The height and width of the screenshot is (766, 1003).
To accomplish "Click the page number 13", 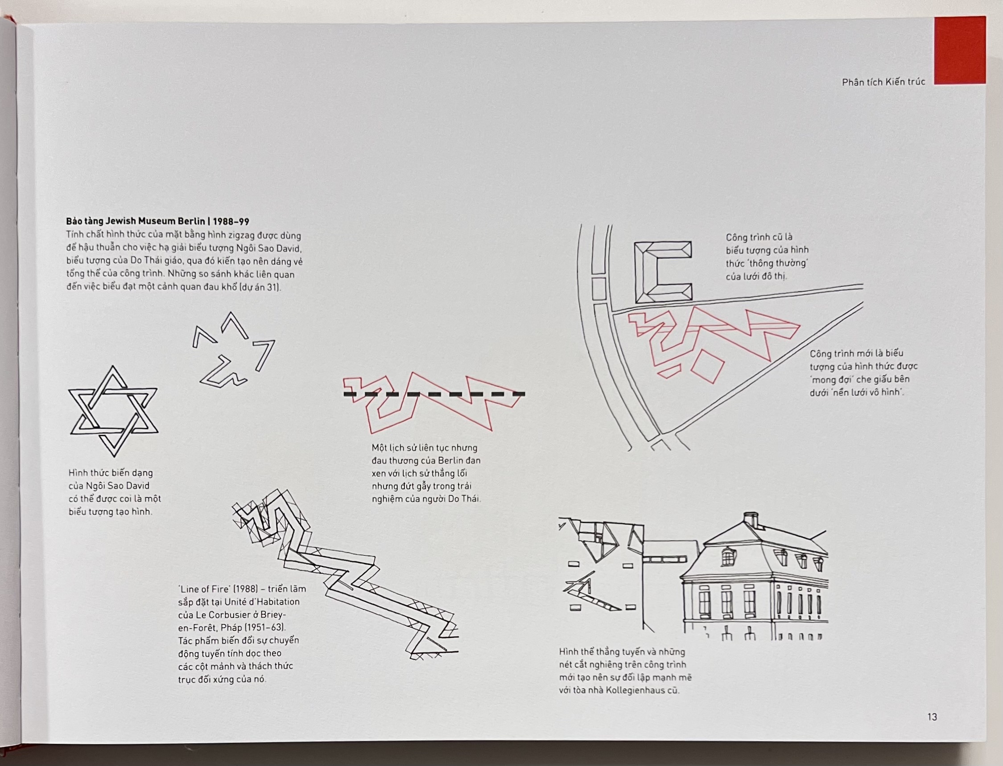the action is pos(932,717).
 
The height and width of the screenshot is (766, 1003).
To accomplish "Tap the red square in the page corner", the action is pos(960,50).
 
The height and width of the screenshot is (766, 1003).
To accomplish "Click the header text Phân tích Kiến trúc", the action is pos(883,82).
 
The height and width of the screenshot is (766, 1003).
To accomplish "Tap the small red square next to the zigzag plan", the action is pos(708,366).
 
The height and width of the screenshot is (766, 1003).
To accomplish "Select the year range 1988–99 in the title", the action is pos(231,222).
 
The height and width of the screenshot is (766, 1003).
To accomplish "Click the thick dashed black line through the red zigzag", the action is pos(434,394).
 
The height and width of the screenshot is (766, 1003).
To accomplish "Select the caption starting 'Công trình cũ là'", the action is pos(767,257).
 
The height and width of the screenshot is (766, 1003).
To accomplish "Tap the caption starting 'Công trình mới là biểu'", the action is pos(863,373).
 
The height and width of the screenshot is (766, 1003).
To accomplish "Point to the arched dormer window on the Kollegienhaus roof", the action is pos(728,557).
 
